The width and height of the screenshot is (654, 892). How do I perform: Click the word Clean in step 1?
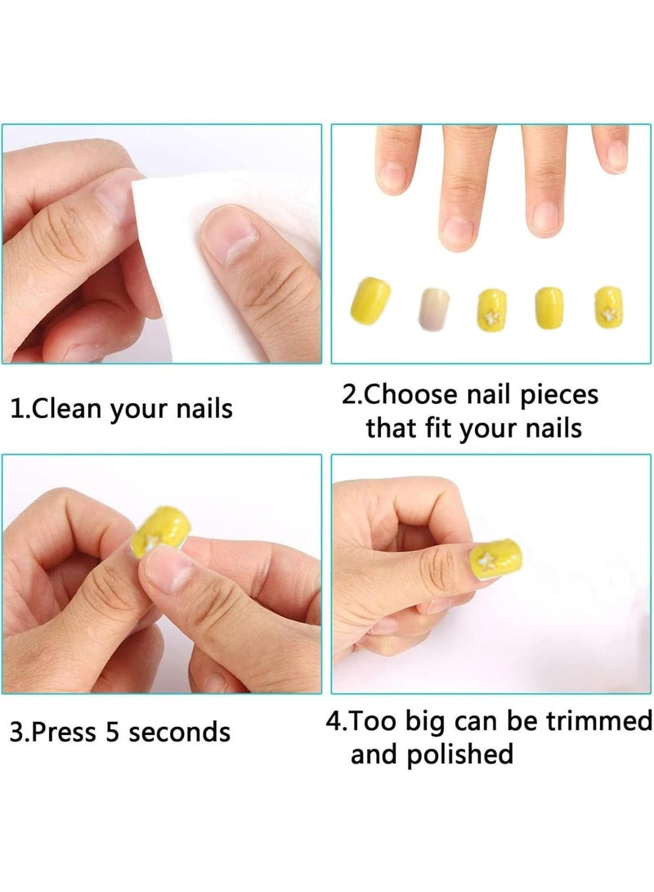click(x=69, y=408)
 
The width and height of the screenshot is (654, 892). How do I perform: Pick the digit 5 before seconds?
click(x=113, y=732)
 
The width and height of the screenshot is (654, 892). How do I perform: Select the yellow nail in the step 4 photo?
click(x=495, y=558)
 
